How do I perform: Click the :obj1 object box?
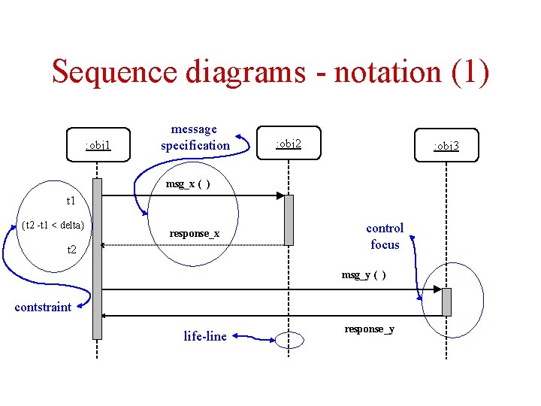98,144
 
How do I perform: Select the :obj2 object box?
289,143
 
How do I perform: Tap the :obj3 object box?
446,146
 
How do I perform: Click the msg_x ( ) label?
188,184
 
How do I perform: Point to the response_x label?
194,234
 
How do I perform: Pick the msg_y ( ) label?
364,274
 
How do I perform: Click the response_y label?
369,329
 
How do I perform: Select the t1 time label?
71,201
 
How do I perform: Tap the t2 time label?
71,249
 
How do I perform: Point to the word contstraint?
43,307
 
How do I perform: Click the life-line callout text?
205,336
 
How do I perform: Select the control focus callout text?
385,236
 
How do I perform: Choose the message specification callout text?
195,138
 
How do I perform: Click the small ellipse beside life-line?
289,340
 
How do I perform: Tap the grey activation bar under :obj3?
446,301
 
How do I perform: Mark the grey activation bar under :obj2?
289,220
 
